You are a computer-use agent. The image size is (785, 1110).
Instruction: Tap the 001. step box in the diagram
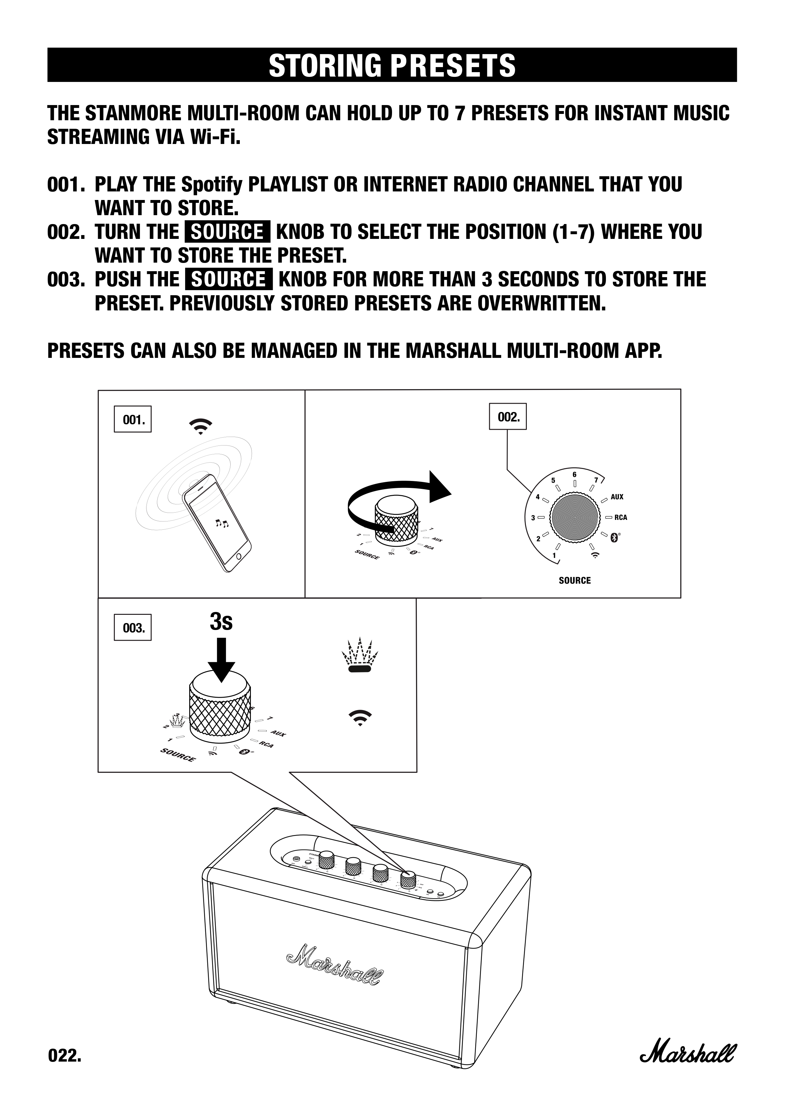point(133,419)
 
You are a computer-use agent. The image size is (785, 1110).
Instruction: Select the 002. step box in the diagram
point(508,417)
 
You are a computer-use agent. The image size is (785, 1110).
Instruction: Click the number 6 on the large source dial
point(574,475)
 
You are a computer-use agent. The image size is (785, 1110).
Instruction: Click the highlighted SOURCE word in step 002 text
point(227,232)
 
